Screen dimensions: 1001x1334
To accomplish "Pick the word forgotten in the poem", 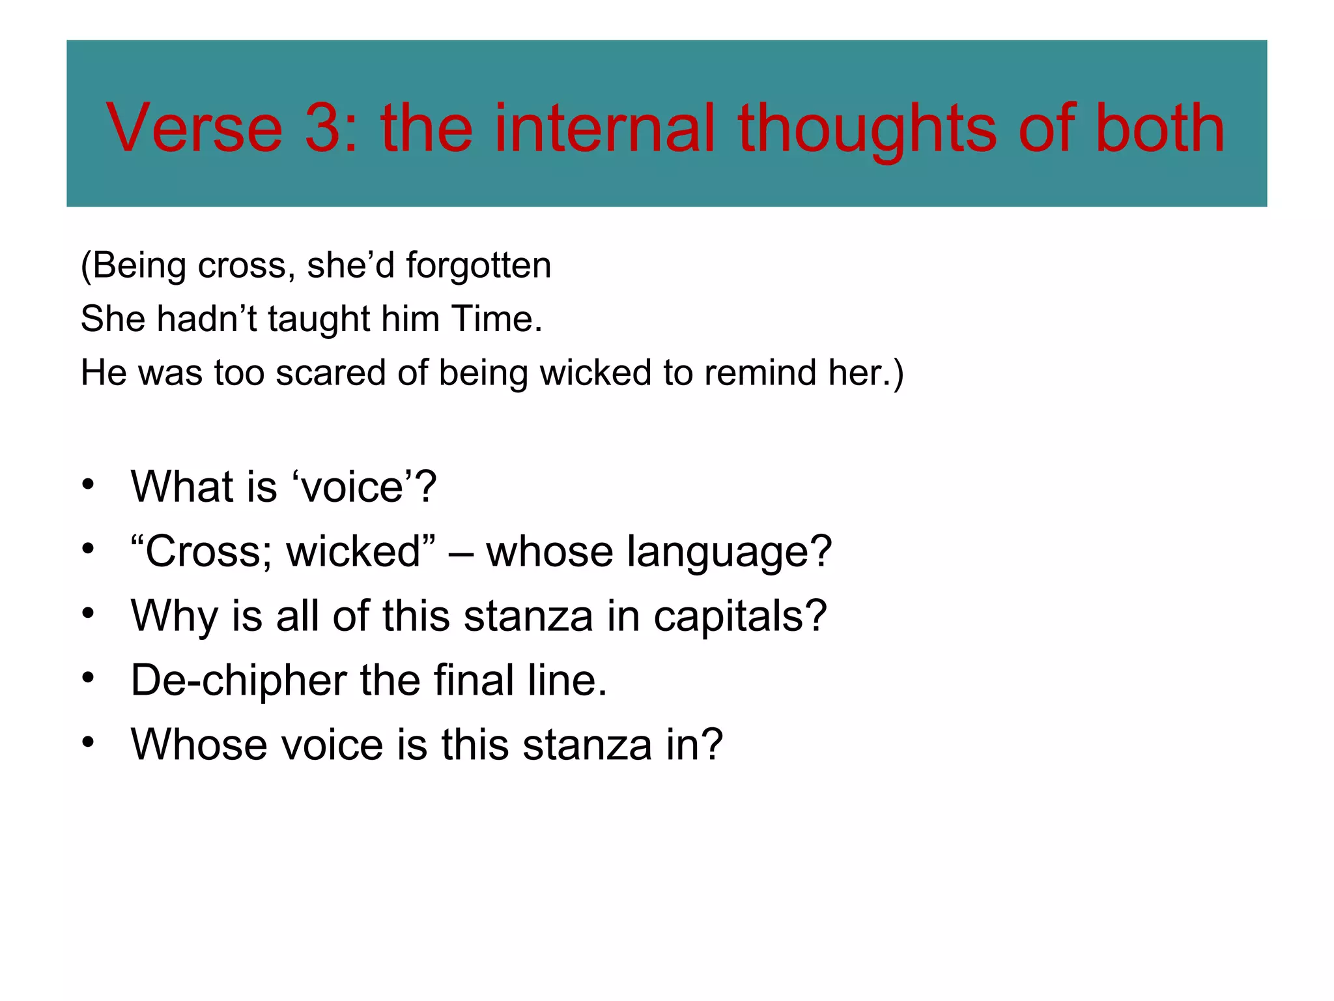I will click(479, 266).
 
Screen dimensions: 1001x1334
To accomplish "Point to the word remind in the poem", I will click(760, 373).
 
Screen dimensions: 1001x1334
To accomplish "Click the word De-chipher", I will click(238, 680).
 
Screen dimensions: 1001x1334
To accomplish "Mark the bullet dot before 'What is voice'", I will click(89, 486).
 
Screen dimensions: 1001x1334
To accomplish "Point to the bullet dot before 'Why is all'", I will click(89, 614).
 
